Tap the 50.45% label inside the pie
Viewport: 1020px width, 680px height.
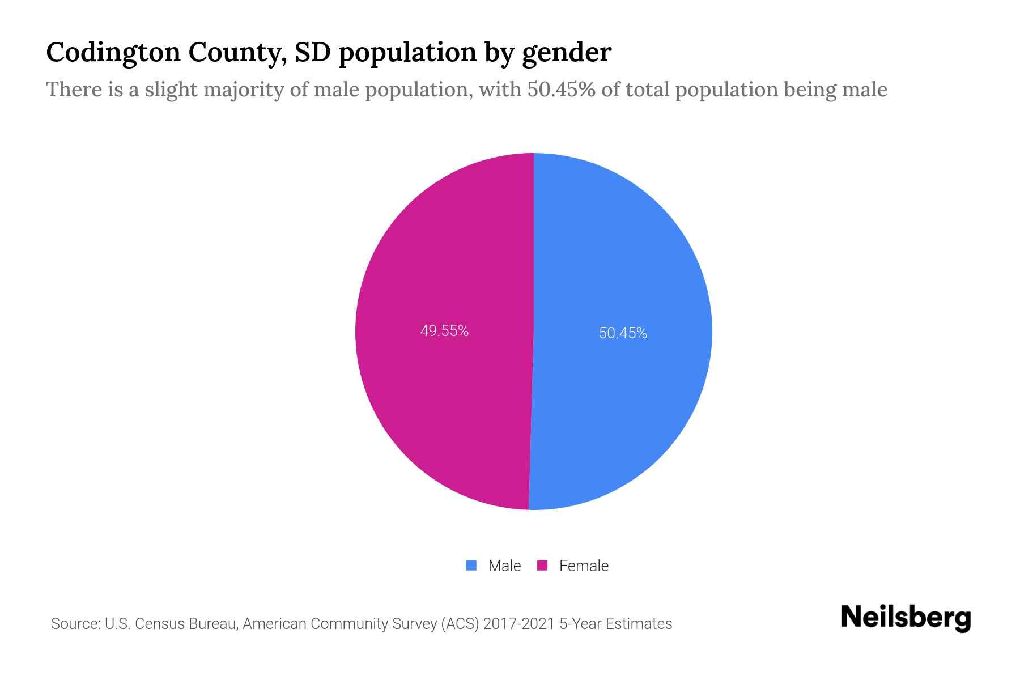pyautogui.click(x=623, y=333)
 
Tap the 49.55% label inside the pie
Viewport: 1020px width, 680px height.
pyautogui.click(x=444, y=331)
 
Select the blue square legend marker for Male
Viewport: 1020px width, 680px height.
pyautogui.click(x=471, y=566)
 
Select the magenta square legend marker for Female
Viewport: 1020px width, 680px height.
pyautogui.click(x=542, y=566)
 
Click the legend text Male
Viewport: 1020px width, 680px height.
pyautogui.click(x=504, y=566)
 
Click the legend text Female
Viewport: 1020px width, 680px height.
pyautogui.click(x=584, y=566)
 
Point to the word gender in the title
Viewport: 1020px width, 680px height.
pyautogui.click(x=566, y=53)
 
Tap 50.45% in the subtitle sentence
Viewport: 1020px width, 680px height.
pyautogui.click(x=561, y=90)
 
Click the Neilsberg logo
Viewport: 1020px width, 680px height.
pyautogui.click(x=906, y=618)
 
